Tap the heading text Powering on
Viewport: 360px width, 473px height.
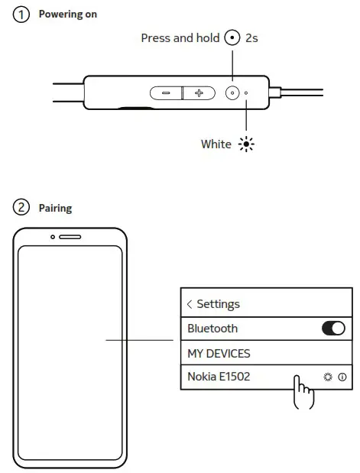(x=68, y=15)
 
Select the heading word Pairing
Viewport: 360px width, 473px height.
(x=55, y=208)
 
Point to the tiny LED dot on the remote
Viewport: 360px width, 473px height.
(x=246, y=93)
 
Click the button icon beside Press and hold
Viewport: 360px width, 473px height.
(x=232, y=38)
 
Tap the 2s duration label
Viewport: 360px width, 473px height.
(x=251, y=38)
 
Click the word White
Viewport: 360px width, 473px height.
(x=216, y=144)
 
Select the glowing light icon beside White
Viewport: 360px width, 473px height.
(x=246, y=144)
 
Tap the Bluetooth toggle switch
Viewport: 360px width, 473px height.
(x=333, y=329)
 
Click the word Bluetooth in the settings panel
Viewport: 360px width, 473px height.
(x=212, y=329)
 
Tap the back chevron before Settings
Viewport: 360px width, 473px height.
(x=190, y=304)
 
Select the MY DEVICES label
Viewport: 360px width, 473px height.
(x=219, y=354)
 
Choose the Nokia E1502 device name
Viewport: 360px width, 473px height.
(x=219, y=377)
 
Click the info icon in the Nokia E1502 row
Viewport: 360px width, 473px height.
(x=342, y=377)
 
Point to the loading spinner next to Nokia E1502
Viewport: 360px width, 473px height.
(x=328, y=377)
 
